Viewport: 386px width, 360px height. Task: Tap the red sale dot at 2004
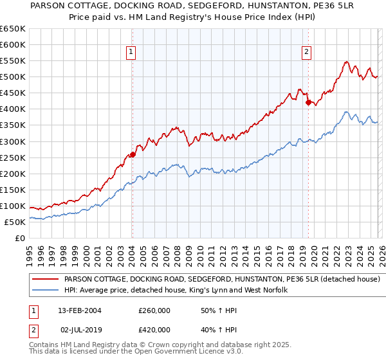coord(133,154)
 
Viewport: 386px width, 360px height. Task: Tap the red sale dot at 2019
coord(308,102)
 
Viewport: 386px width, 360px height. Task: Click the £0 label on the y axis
coord(19,238)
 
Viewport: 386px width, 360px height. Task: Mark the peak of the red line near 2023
coord(346,62)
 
